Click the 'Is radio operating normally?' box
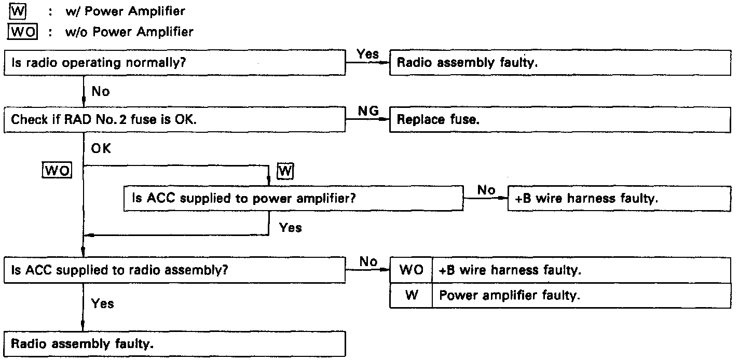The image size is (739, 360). pos(175,63)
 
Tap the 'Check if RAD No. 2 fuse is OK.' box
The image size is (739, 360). pos(175,119)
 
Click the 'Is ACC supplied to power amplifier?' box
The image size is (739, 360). pos(293,199)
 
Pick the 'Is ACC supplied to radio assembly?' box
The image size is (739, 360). pos(175,270)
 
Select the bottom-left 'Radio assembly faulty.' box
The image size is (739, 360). pos(175,344)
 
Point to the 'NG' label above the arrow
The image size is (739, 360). pos(368,110)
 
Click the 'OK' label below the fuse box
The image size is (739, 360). pos(101,148)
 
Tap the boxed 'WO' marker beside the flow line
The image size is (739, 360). pos(57,170)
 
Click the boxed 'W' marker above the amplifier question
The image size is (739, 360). pos(285,170)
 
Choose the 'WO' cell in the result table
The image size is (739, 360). pos(410,270)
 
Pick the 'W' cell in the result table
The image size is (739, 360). pos(410,296)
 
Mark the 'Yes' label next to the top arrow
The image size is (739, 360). pos(368,53)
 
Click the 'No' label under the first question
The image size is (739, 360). pos(101,91)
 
